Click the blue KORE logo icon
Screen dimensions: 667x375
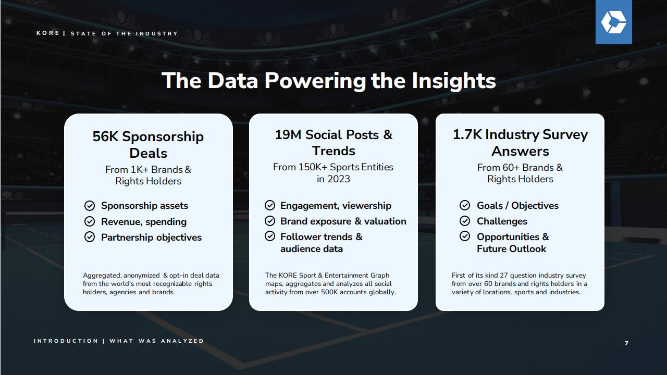614,22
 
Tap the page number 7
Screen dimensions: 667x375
626,343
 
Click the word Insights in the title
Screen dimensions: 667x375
454,81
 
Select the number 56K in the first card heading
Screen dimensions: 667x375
105,136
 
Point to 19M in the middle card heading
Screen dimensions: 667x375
288,134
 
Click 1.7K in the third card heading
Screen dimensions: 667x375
467,134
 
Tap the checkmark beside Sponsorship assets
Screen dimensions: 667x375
90,206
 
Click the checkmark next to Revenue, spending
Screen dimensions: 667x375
90,221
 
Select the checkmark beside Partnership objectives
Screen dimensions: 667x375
90,237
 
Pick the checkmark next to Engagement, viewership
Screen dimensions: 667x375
270,205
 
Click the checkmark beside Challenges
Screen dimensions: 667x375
465,221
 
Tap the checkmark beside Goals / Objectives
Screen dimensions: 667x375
465,205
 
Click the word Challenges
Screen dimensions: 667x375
502,221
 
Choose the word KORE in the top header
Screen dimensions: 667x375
47,33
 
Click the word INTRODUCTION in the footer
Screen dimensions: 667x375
66,341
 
